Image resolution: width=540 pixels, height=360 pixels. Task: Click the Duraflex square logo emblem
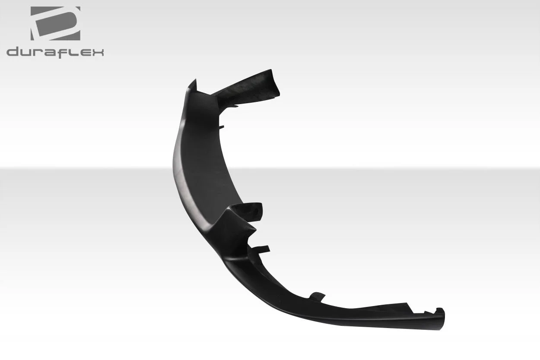point(55,23)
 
